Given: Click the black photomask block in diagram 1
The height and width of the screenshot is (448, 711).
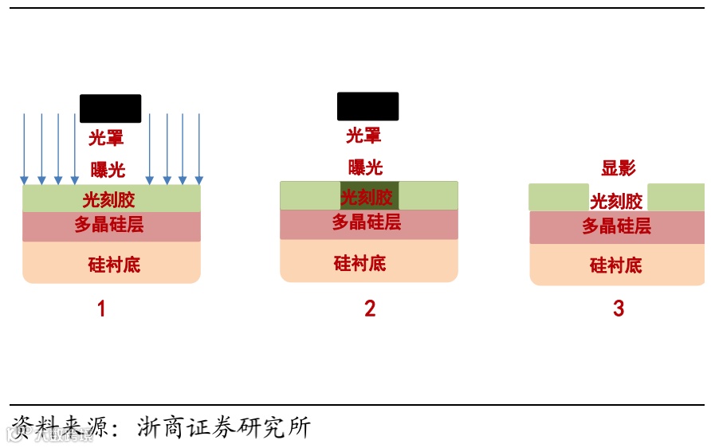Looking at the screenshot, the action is point(111,108).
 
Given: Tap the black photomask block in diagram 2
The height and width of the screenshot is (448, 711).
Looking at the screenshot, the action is point(367,106).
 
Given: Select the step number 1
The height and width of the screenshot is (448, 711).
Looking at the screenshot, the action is point(101,308).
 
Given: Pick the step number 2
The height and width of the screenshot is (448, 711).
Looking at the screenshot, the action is point(370,308).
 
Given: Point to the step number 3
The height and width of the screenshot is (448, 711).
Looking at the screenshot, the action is point(619,308).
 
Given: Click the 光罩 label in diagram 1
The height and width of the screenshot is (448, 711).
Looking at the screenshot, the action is point(106,138).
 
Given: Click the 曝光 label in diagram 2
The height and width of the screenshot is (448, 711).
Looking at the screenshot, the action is point(365,167).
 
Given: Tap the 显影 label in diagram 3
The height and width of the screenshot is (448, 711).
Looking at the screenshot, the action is point(619,168).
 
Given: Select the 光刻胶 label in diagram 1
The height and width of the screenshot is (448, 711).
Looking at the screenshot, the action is point(108,199).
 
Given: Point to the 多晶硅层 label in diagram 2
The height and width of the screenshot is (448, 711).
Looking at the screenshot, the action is point(367,222).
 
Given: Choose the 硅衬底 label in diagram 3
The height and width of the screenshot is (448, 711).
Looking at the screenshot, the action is point(616,265).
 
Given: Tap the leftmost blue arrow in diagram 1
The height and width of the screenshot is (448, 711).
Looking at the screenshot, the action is point(24,147).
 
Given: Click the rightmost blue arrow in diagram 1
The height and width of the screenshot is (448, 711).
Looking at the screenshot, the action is point(199,147).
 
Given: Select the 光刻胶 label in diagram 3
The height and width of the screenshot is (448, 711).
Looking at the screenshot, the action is point(616,201).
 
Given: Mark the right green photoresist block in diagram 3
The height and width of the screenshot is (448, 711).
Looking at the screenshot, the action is point(676,197).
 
